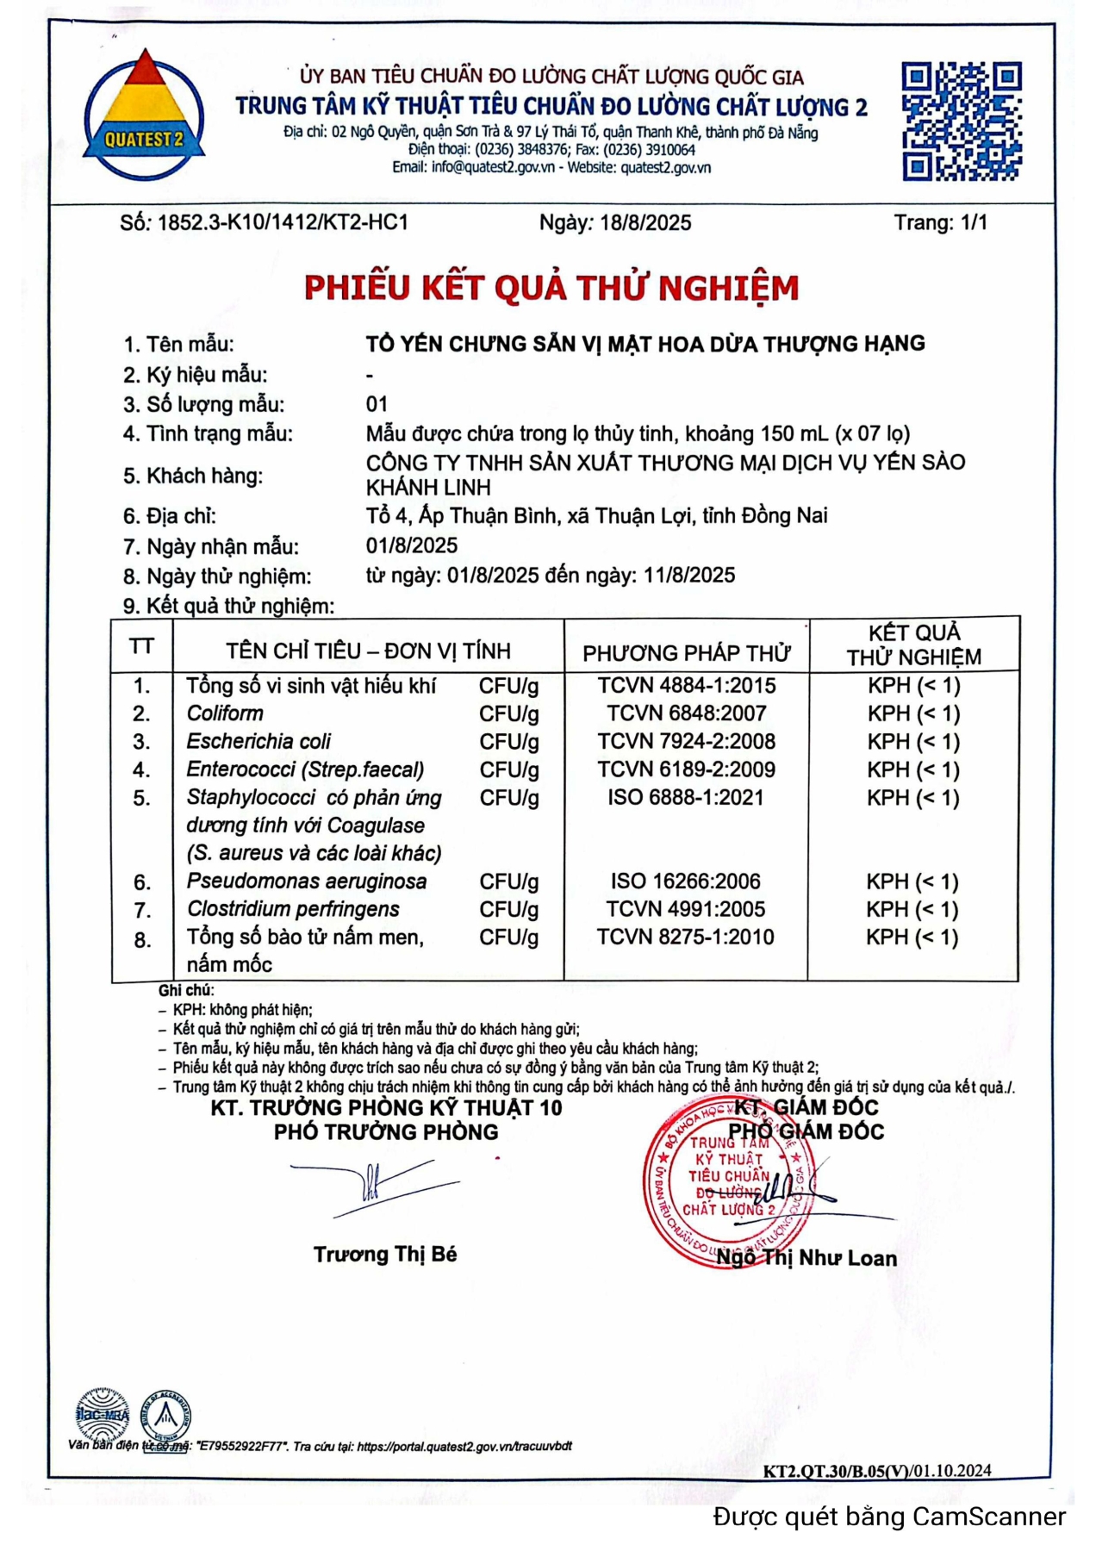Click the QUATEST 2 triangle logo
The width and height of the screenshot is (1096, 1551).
pos(144,114)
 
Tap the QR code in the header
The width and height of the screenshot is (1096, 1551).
pos(961,121)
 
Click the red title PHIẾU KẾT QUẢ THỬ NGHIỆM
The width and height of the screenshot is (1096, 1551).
pos(551,288)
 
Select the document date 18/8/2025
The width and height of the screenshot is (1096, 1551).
pos(645,223)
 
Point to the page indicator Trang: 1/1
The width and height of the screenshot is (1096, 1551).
pos(940,222)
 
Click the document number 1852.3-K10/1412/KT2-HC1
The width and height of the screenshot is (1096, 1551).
pos(283,222)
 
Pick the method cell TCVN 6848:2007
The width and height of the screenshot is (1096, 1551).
pos(686,713)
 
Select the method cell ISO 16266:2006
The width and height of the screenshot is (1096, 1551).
pos(686,881)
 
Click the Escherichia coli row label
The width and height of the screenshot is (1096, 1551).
pos(258,742)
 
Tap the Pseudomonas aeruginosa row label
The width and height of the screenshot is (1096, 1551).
pos(307,881)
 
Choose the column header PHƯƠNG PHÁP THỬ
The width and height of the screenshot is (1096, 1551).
pos(686,653)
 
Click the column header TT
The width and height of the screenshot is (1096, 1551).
pos(141,647)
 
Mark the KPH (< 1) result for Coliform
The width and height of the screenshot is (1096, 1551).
pos(913,713)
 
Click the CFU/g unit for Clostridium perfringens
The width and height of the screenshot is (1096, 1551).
pos(509,910)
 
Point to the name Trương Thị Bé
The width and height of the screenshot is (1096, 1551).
pos(385,1255)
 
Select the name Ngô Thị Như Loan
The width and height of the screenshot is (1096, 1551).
pos(806,1258)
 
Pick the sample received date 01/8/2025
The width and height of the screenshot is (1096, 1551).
pos(412,545)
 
